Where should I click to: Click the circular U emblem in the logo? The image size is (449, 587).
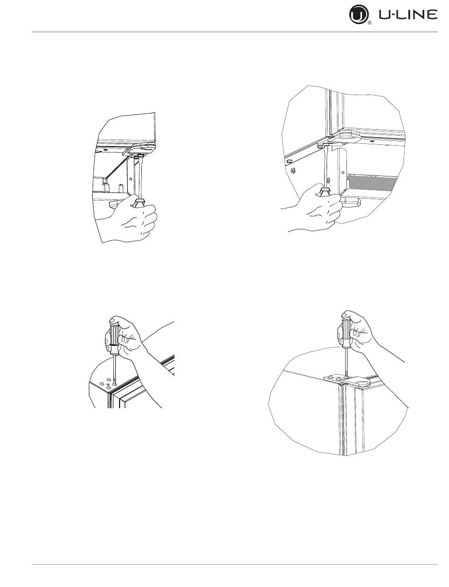point(359,15)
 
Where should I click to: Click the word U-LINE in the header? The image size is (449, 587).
point(408,15)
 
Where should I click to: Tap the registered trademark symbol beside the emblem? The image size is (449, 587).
point(370,23)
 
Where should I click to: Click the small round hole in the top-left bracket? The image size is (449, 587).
point(130,178)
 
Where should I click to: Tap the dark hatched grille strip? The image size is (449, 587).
point(372,184)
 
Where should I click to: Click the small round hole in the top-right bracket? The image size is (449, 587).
point(342,172)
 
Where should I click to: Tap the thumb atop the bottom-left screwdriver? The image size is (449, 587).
point(115,319)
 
